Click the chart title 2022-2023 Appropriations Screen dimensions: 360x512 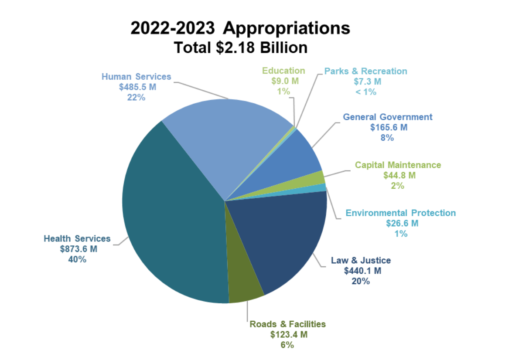(x=240, y=28)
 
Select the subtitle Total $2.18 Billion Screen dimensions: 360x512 (x=240, y=48)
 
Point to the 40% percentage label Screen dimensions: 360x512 (x=77, y=259)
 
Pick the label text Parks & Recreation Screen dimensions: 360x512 (x=365, y=71)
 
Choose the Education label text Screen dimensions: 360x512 (x=283, y=71)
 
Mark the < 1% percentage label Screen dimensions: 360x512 (x=365, y=92)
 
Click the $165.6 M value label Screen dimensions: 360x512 (x=388, y=127)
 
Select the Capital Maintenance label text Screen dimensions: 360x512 (x=398, y=165)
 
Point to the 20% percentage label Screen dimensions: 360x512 (x=361, y=281)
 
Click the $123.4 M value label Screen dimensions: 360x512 (x=288, y=334)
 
